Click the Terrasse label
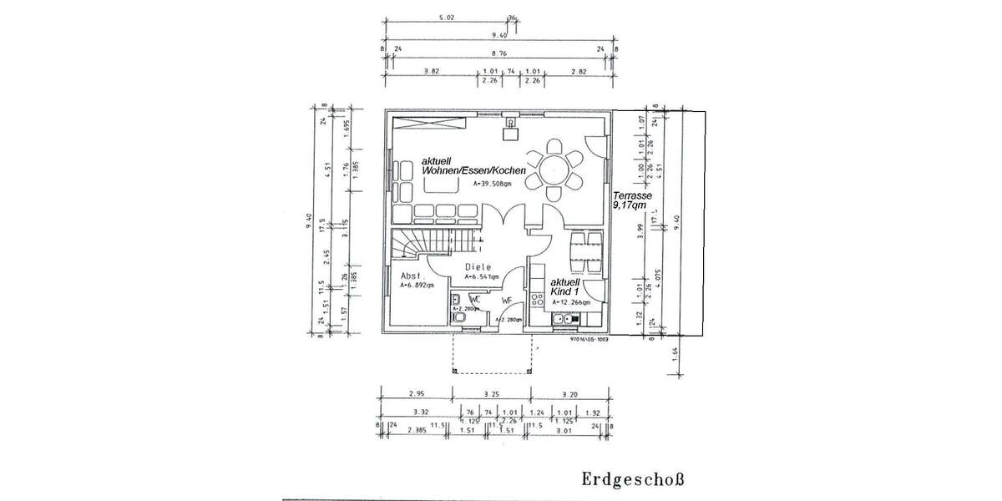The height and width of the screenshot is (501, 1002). (x=632, y=199)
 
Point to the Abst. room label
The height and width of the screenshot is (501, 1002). (x=413, y=275)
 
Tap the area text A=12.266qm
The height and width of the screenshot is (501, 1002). (x=573, y=301)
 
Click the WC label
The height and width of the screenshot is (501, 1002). (x=473, y=298)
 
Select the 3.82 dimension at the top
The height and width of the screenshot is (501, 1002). (x=431, y=72)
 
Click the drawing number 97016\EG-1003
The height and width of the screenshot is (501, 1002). (x=589, y=340)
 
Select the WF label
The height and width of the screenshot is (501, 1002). (x=507, y=301)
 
